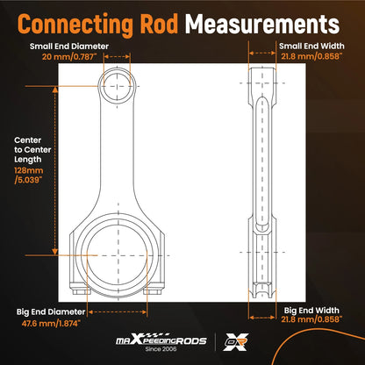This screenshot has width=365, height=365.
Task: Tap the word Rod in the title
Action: pos(159,24)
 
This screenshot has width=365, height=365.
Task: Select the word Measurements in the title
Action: pos(262,24)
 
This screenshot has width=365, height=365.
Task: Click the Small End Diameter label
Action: pos(69,47)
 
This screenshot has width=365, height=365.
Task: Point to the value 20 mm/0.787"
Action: pos(69,56)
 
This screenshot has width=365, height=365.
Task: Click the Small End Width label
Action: pos(311,47)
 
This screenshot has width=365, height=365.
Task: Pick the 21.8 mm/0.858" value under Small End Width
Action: pos(311,56)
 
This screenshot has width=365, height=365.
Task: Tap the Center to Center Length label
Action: pos(32,150)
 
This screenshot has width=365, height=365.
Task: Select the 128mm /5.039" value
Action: pos(29,175)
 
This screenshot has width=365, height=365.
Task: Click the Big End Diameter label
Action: pos(51,312)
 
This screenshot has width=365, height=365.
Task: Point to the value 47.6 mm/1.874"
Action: pos(51,324)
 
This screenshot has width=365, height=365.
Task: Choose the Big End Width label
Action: pos(311,311)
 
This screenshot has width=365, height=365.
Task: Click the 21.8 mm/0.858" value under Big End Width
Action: pos(311,319)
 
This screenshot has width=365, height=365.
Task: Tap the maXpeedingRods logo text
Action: pos(161,340)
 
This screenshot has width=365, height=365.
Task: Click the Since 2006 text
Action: pos(161,349)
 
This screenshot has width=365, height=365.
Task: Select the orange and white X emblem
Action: pos(236,341)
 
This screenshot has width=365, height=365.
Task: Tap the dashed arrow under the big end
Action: pos(118,312)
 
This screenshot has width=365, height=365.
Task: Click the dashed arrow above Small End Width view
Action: pos(262,54)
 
